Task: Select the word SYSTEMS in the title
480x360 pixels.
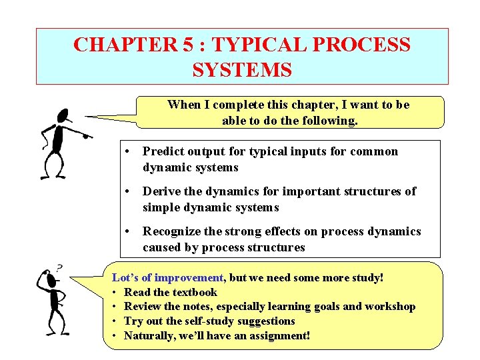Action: pyautogui.click(x=242, y=69)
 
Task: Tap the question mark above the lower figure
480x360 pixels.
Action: pyautogui.click(x=59, y=268)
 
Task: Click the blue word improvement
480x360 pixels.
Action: pyautogui.click(x=191, y=277)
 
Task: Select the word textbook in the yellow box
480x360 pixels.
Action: pyautogui.click(x=195, y=292)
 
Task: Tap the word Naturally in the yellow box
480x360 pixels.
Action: pyautogui.click(x=149, y=335)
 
